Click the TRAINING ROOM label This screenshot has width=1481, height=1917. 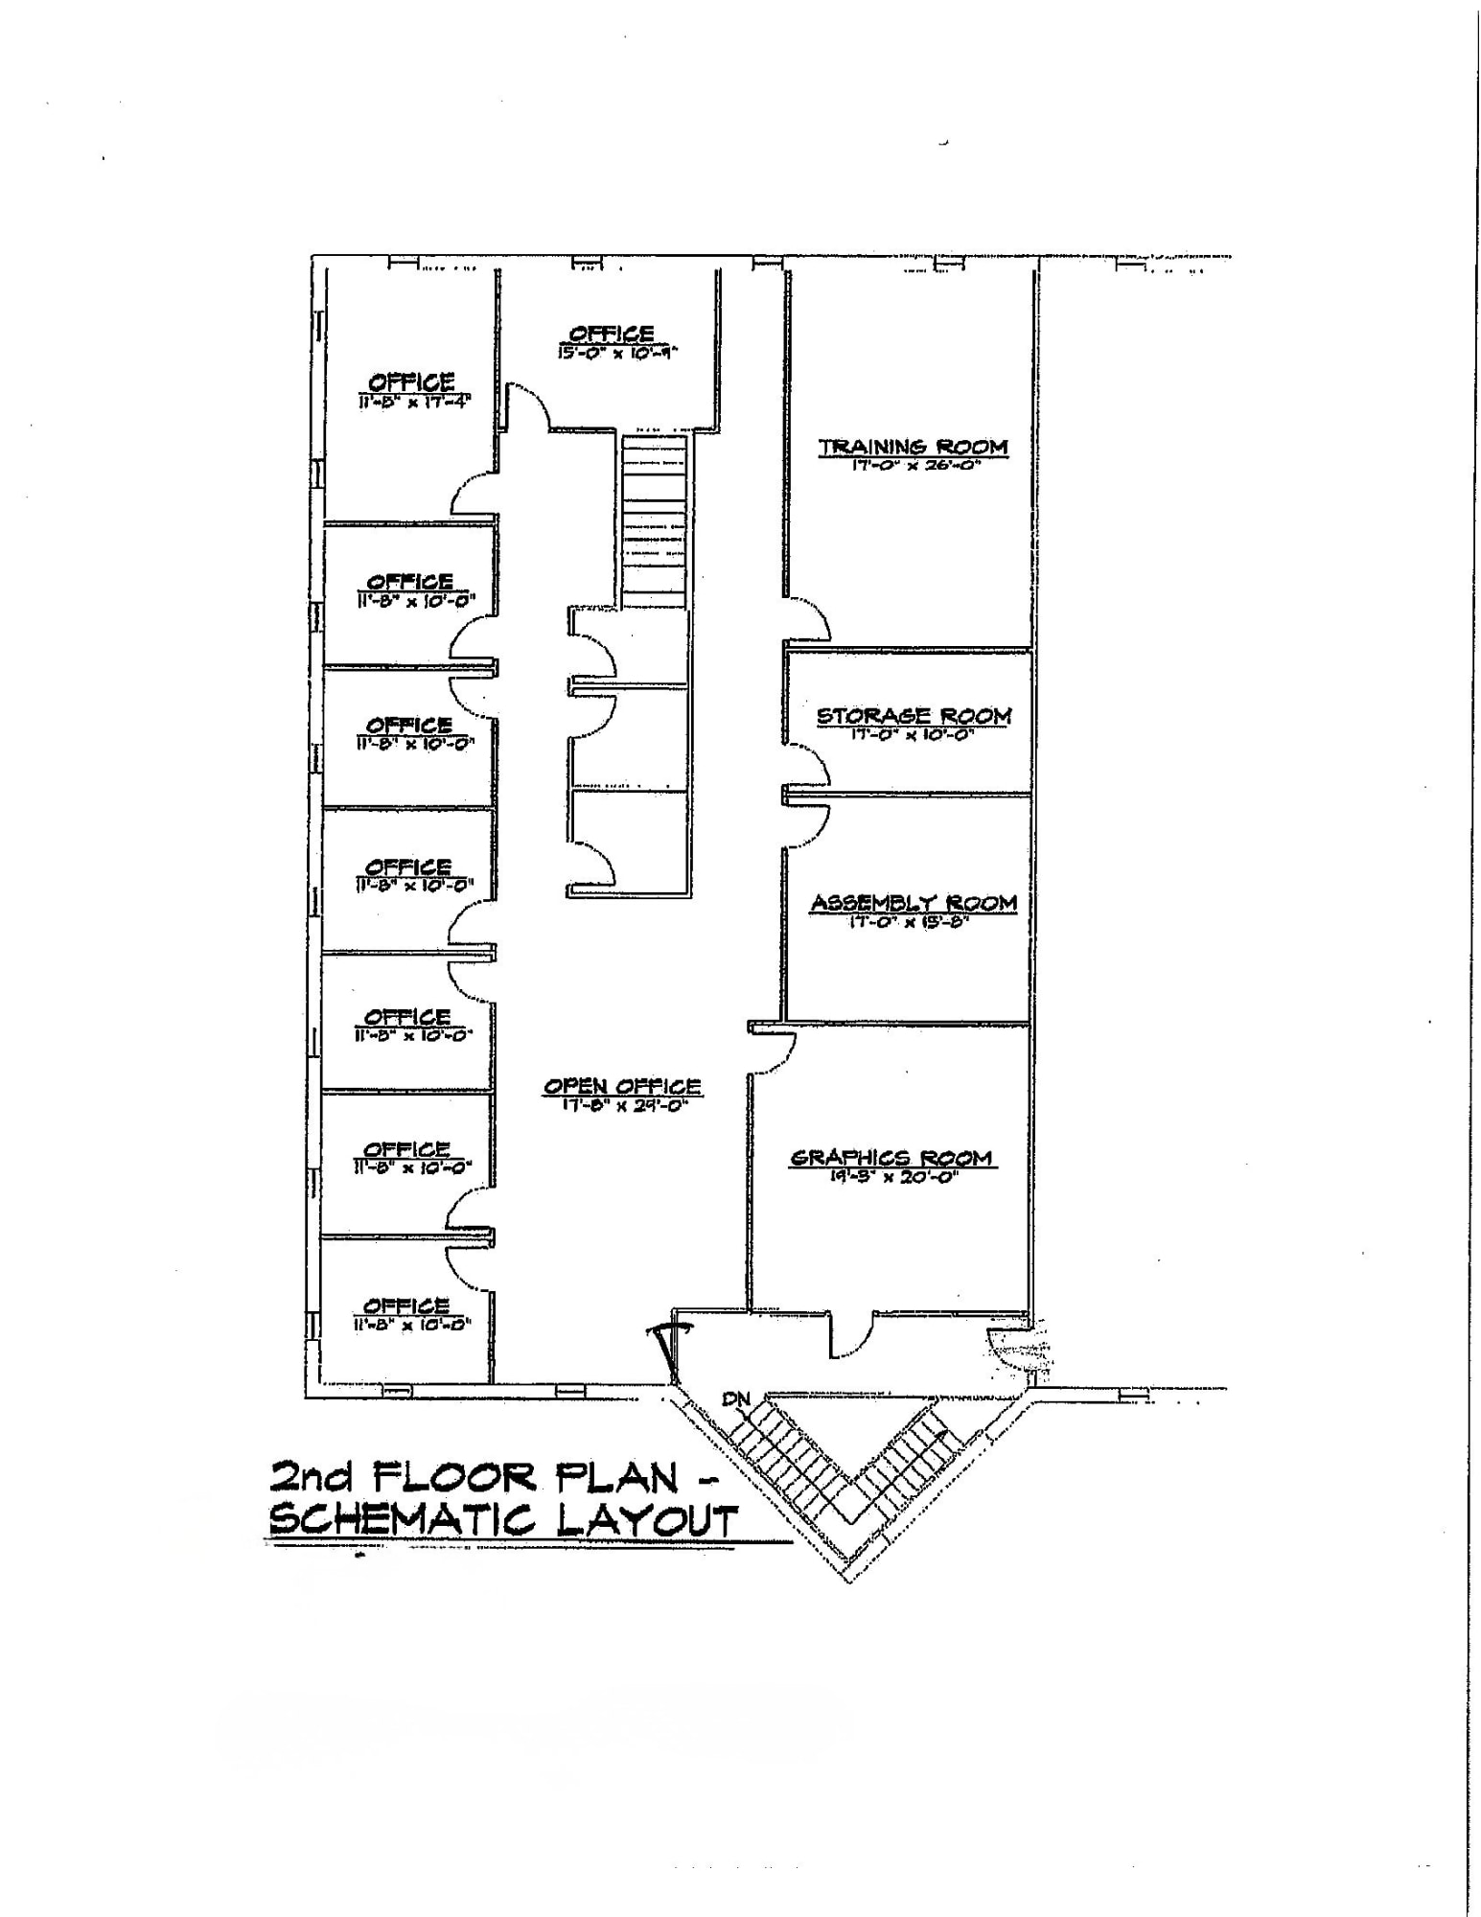point(913,447)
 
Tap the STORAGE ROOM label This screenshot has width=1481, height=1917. point(914,715)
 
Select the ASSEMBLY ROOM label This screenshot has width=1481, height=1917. point(914,902)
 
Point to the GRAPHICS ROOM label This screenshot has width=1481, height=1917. point(891,1157)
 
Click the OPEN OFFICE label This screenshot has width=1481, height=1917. point(622,1086)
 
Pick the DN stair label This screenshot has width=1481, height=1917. point(736,1398)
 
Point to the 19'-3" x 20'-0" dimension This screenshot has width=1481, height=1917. point(892,1177)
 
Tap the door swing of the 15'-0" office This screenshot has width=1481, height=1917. point(527,406)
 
